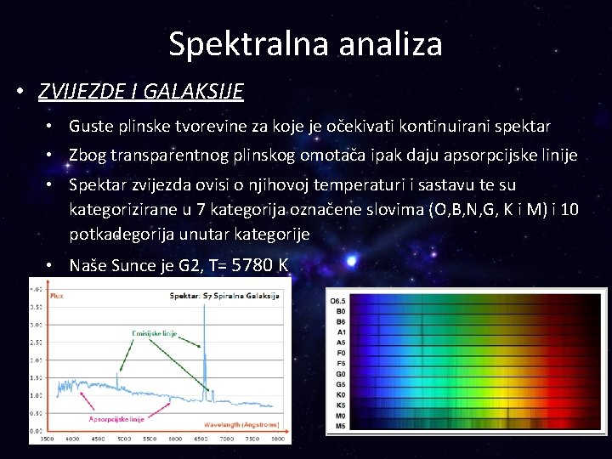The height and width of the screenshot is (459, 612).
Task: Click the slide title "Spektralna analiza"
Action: coord(305,43)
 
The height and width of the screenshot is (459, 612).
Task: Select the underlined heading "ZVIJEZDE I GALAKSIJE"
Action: coord(141,91)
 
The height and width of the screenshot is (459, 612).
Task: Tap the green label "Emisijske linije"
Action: coord(153,333)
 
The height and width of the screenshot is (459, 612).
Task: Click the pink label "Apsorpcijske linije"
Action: coord(116,418)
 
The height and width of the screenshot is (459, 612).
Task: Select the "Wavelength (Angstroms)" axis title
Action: coord(246,423)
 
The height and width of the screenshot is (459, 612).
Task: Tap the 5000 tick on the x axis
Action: coord(123,439)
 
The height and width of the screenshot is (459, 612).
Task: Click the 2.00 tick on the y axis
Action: coord(37,360)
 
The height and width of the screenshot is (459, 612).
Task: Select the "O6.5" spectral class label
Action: coord(337,300)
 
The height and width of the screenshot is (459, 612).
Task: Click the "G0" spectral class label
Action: coord(340,373)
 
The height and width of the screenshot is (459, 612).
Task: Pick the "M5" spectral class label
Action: coord(340,425)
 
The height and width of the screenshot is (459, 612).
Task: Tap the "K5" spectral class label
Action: coord(340,405)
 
